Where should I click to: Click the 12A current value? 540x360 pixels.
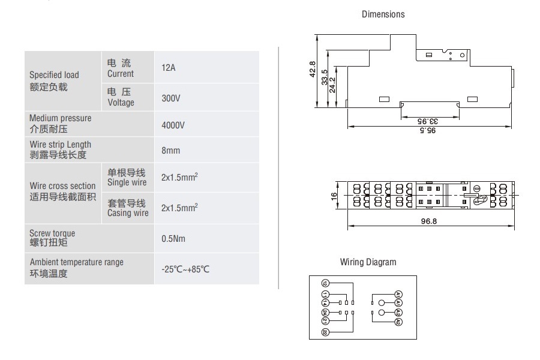coord(168,68)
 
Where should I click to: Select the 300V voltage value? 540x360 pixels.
coord(171,97)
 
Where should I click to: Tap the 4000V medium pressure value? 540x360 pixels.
coord(173,125)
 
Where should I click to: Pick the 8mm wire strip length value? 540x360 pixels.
coord(170,151)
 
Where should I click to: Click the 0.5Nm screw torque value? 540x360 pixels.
coord(173,239)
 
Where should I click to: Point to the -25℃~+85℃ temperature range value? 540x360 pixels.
coord(185,269)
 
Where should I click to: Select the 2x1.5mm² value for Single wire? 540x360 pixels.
coord(179,178)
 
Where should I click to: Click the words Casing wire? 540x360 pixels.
coord(128,213)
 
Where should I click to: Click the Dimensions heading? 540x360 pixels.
coord(383,14)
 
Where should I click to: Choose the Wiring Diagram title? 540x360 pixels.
coord(368,262)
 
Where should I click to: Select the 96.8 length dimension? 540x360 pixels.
coord(430,221)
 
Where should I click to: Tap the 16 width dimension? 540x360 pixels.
coord(334,196)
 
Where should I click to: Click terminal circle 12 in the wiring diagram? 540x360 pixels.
coord(325,283)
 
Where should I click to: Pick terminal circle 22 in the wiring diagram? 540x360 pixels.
coord(325,331)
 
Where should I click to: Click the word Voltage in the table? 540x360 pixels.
coord(121,103)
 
